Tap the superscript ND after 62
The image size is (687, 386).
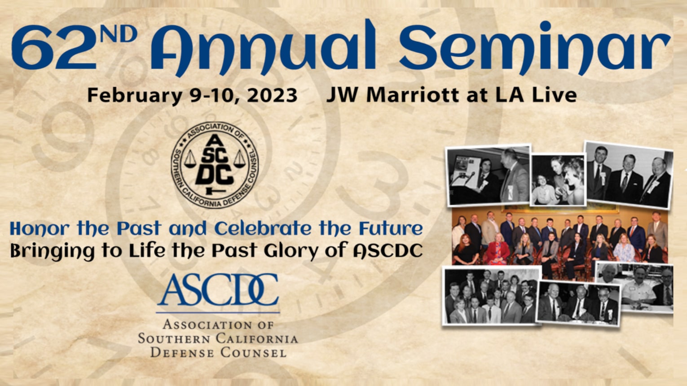[x=119, y=34]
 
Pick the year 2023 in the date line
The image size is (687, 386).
[x=272, y=96]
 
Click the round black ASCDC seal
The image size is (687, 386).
[x=215, y=165]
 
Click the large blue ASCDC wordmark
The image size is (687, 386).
[x=218, y=290]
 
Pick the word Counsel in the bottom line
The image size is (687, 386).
[x=253, y=353]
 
